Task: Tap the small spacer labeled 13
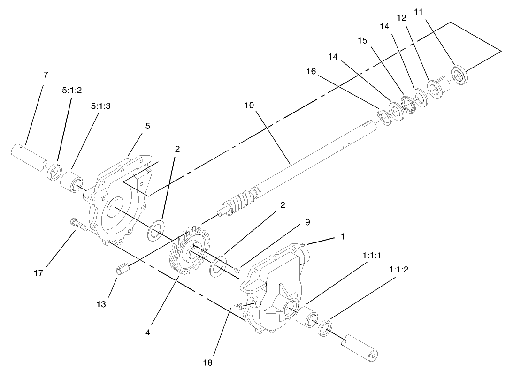(122, 270)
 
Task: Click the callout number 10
(249, 106)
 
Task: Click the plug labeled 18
(238, 307)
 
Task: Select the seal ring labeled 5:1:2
(55, 172)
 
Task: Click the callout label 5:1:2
(72, 91)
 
